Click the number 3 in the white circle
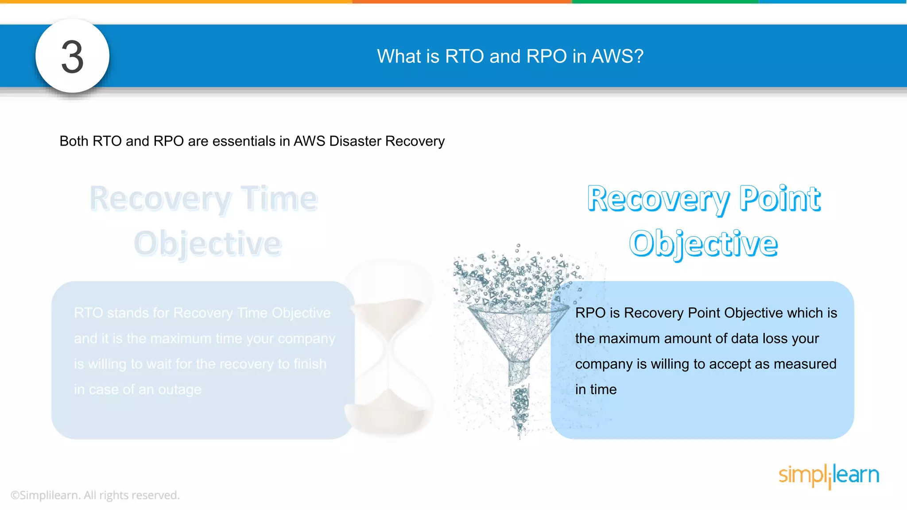click(x=72, y=57)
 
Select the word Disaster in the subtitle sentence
click(x=355, y=141)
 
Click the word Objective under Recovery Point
click(x=703, y=243)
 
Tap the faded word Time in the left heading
click(x=279, y=198)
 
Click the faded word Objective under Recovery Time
click(x=208, y=243)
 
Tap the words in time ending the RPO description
click(x=596, y=390)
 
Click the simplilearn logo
click(x=828, y=475)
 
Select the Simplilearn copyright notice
click(x=95, y=495)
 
